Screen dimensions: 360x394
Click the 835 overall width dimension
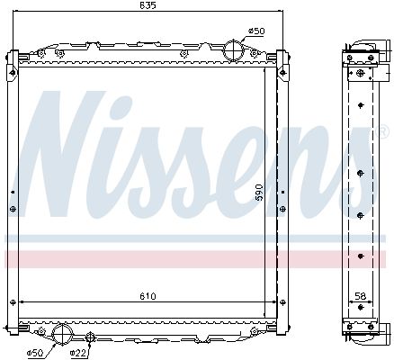coord(148,7)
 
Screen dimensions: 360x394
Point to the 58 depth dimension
coord(360,294)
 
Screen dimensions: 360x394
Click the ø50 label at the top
coord(256,31)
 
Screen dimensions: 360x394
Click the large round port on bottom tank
coord(65,335)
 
